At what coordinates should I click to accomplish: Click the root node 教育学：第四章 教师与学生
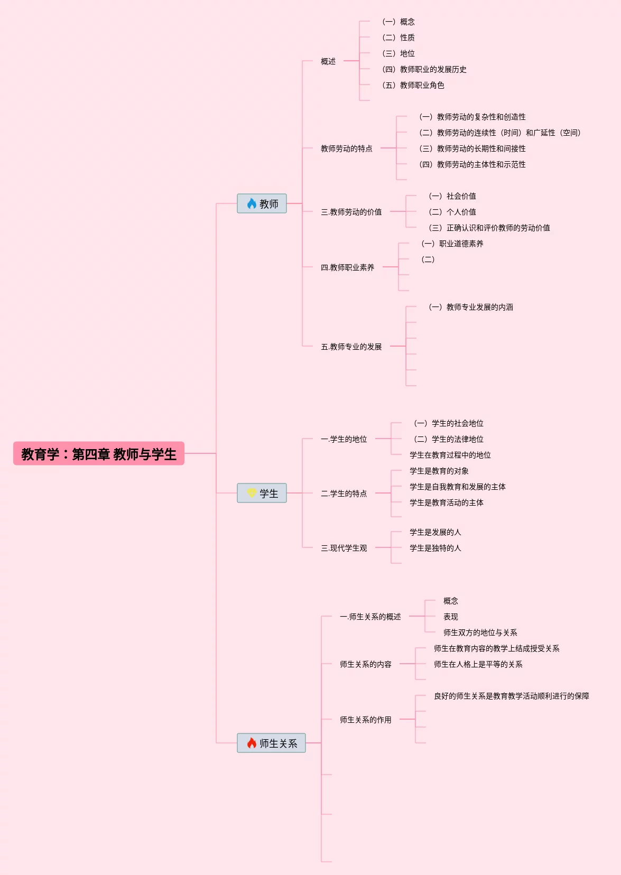coord(99,454)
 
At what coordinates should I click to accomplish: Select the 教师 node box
coord(262,203)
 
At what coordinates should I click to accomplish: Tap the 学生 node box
coord(262,493)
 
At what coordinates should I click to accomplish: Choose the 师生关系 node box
coord(271,743)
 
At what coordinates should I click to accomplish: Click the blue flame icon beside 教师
coord(252,203)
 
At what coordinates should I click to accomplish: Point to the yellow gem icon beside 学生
coord(252,493)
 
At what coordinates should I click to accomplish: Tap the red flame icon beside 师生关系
coord(252,743)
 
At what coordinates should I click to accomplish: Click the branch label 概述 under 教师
coord(328,61)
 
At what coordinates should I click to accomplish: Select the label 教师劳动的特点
coord(346,148)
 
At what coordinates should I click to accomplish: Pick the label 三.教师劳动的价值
coord(351,212)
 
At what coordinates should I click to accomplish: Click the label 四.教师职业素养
coord(347,267)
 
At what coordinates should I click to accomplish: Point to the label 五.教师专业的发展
coord(351,347)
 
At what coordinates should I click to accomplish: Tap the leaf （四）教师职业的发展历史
coord(424,69)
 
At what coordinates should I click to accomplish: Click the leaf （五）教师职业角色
coord(413,85)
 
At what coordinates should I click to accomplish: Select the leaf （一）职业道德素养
coord(452,244)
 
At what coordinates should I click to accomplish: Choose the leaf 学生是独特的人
coord(435,548)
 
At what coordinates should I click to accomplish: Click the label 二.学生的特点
coord(344,494)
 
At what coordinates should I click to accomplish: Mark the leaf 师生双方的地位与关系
coord(480,632)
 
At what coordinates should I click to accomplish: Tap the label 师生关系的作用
coord(365,720)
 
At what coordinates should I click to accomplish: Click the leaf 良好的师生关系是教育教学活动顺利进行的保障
coord(511,696)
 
